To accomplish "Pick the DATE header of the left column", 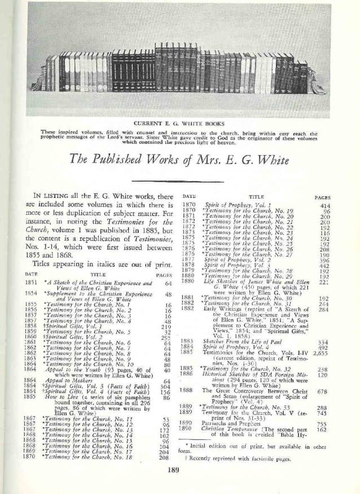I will click(31, 274).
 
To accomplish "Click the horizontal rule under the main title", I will click(179, 179).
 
